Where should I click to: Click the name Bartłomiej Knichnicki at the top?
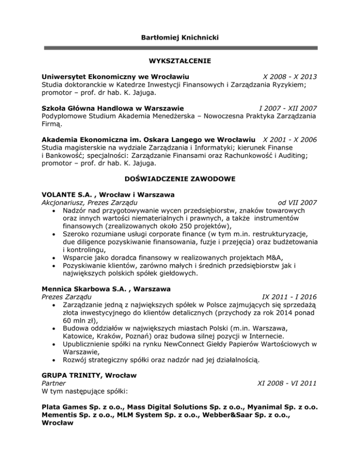click(180, 36)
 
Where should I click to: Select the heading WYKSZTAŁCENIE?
click(180, 60)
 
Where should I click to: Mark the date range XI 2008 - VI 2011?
click(288, 383)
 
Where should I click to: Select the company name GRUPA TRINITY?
click(71, 375)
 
